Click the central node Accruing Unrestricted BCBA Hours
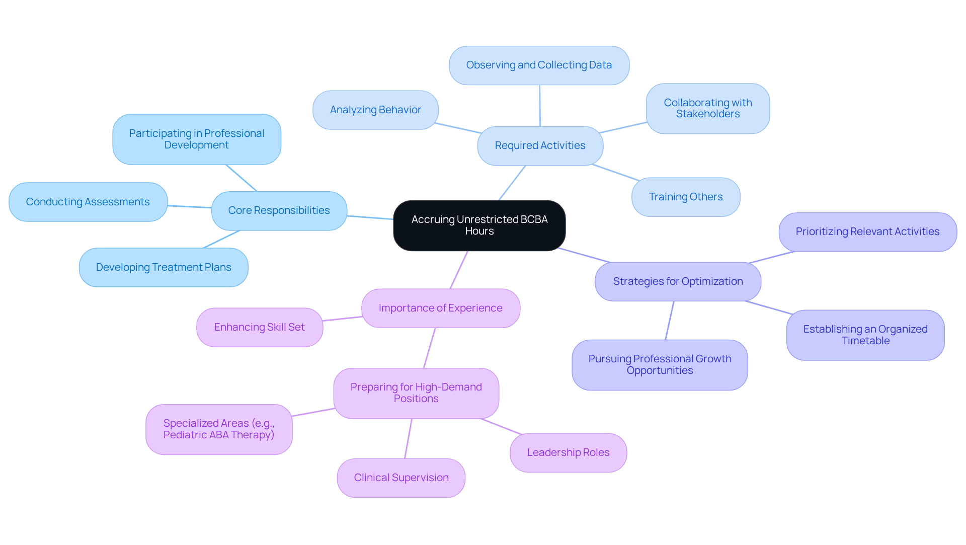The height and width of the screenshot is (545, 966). click(x=479, y=225)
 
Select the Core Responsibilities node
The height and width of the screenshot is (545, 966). click(x=279, y=211)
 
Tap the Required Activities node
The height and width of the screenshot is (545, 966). click(x=540, y=146)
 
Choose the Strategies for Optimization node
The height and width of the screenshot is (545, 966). click(x=677, y=282)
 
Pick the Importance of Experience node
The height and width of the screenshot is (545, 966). click(x=440, y=308)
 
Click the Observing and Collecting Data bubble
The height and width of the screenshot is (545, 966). click(x=539, y=65)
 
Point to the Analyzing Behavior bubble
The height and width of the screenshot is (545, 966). click(x=375, y=110)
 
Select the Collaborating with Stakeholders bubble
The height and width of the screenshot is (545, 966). click(x=707, y=109)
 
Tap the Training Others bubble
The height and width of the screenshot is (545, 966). click(x=685, y=197)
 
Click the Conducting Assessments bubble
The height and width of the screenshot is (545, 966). click(x=88, y=202)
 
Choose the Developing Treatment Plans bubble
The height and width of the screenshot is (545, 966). click(x=164, y=268)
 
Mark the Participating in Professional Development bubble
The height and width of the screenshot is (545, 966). click(x=197, y=139)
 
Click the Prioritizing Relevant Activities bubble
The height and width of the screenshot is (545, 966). click(x=867, y=232)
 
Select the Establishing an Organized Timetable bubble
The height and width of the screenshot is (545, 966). click(x=865, y=335)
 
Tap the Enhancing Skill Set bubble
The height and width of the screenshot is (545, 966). click(x=260, y=328)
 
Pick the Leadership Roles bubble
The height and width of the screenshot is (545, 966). click(x=568, y=453)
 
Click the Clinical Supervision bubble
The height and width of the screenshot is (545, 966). click(x=401, y=478)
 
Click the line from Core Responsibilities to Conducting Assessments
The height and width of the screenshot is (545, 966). click(x=190, y=206)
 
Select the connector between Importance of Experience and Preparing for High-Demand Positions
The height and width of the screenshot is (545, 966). click(x=429, y=348)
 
